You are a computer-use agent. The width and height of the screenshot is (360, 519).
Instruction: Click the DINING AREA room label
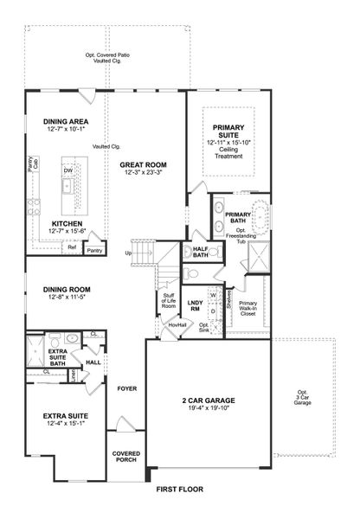tap(66, 122)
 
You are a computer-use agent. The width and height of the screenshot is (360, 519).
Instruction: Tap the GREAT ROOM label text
tap(143, 164)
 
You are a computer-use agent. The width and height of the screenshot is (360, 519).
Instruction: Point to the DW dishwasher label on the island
tap(67, 170)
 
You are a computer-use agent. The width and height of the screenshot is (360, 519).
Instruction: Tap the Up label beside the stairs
tap(129, 253)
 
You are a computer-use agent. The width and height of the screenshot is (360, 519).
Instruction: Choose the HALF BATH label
tap(201, 252)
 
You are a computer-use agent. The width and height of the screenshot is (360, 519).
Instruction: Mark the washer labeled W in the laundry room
tap(212, 295)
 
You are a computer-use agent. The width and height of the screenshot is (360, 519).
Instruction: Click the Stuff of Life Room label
tap(169, 300)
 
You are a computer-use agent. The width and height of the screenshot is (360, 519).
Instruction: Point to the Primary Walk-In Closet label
tap(248, 306)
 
